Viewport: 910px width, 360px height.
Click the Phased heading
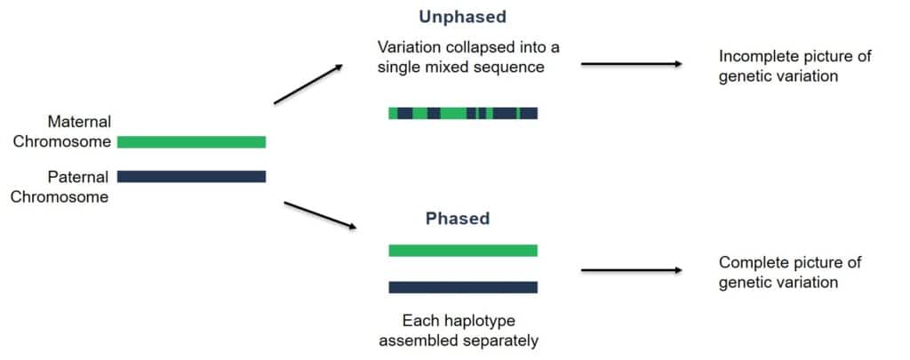coord(457,218)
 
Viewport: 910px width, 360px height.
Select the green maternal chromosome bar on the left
coord(191,141)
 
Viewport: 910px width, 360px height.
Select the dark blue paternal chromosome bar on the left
coord(191,176)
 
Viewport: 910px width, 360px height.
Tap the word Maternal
coord(79,122)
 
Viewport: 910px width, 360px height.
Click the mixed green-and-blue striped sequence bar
coord(462,113)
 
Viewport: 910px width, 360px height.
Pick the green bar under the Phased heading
coord(462,251)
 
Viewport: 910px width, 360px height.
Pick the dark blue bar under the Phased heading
coord(462,287)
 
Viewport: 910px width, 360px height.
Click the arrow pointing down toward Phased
coord(319,216)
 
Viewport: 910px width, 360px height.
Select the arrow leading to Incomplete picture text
coord(631,64)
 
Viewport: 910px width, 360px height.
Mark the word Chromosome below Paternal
coord(60,196)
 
